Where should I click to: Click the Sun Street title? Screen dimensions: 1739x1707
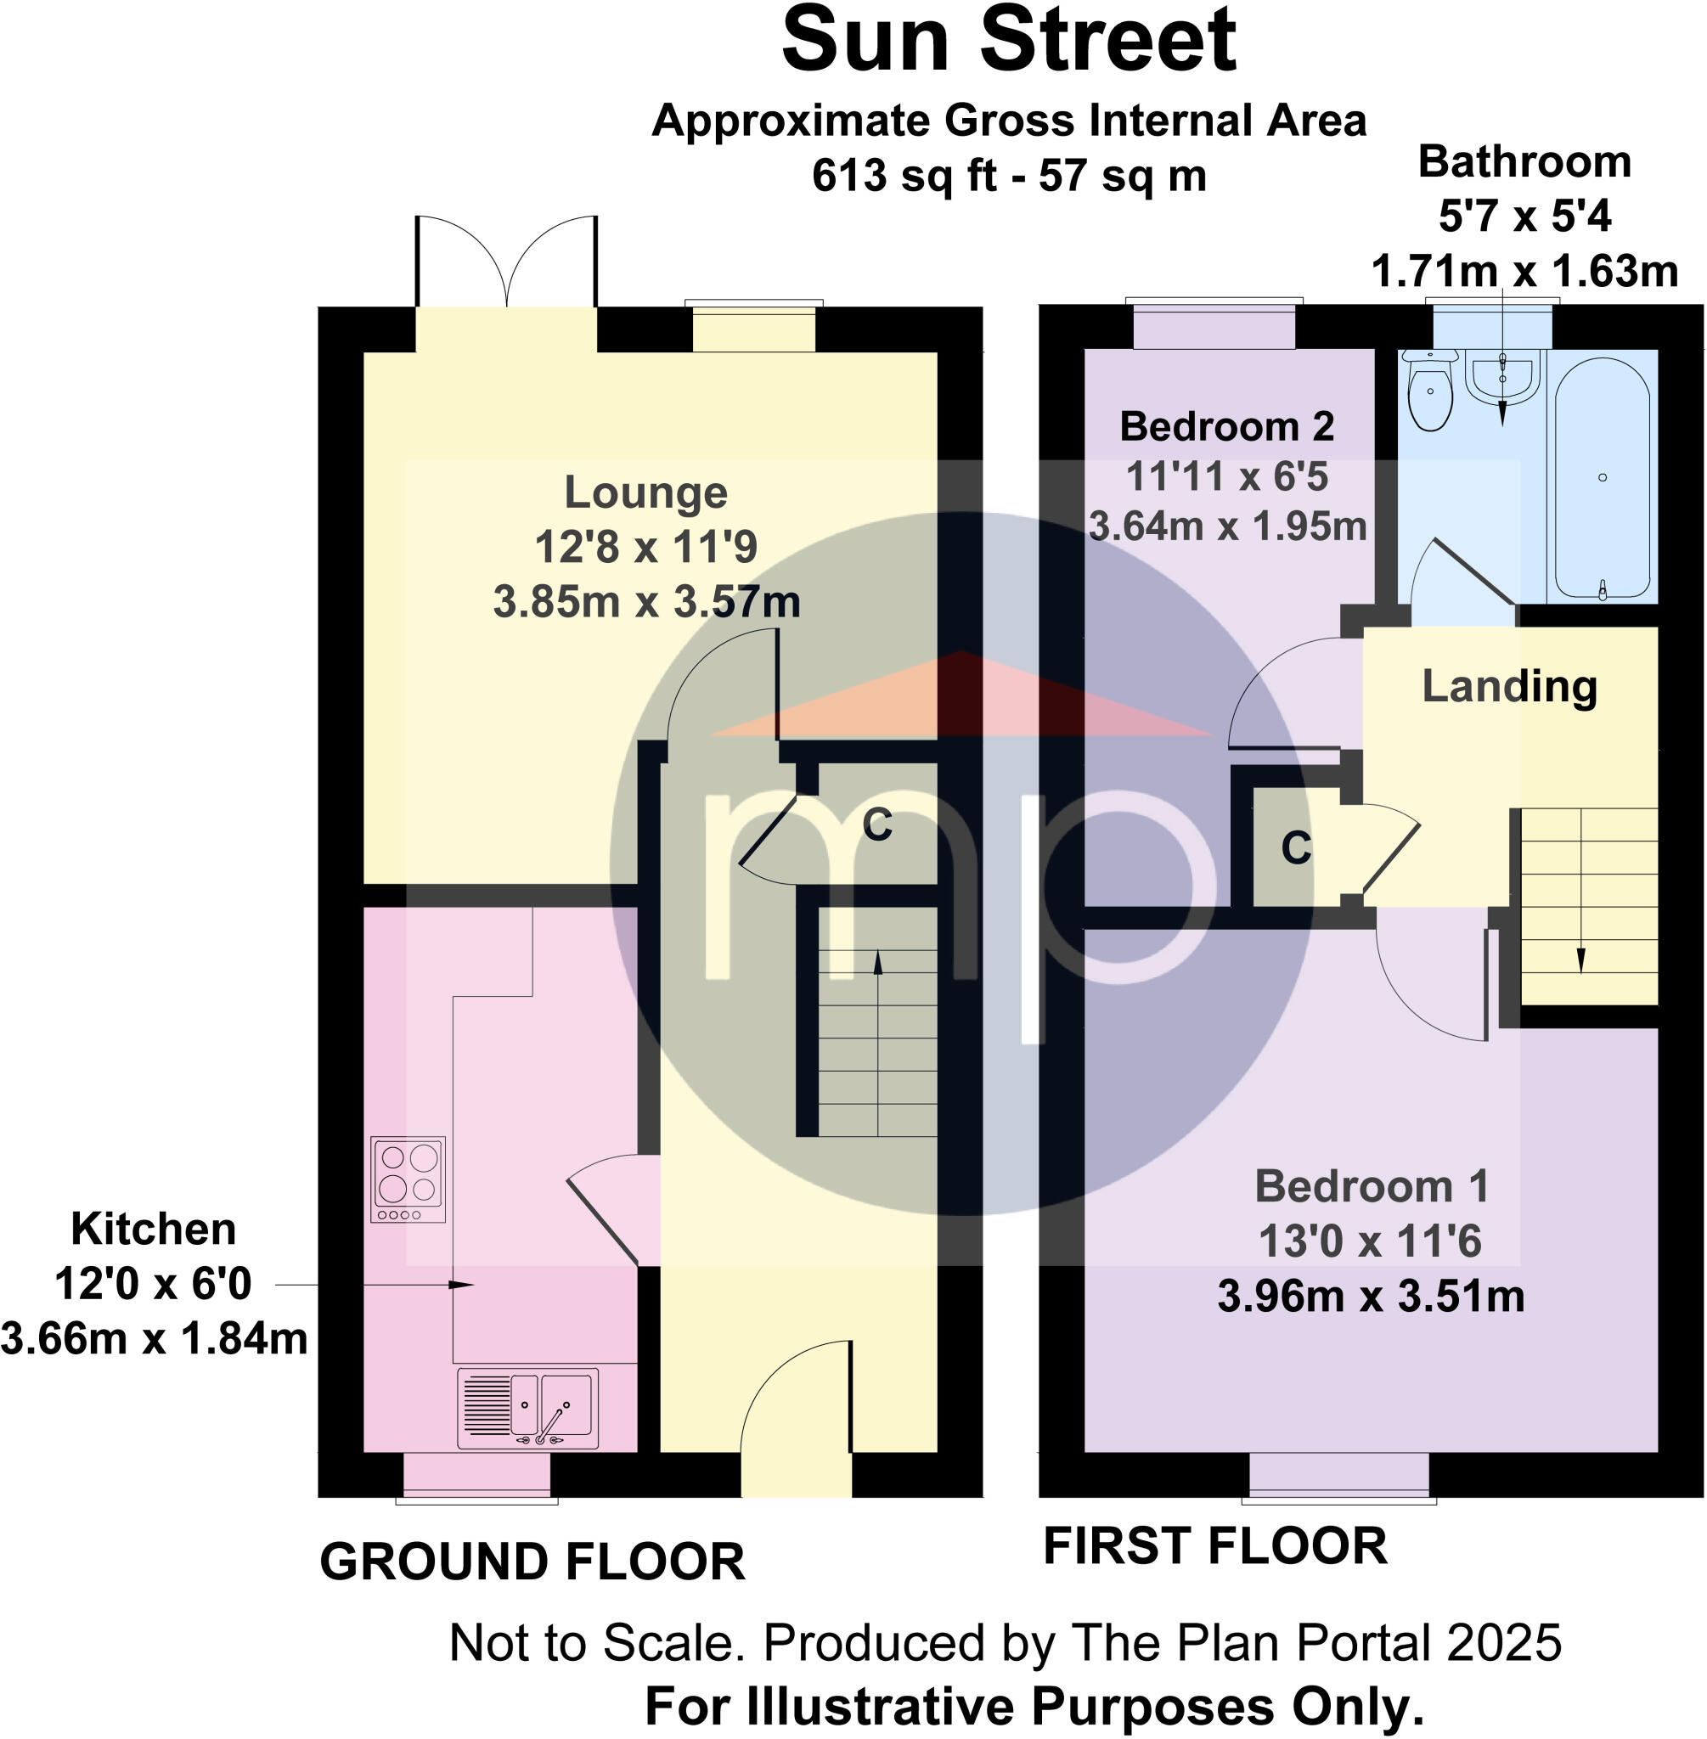[1009, 42]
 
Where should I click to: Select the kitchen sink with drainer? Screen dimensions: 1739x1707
[527, 1407]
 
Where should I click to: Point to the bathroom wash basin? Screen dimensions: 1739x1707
[1502, 374]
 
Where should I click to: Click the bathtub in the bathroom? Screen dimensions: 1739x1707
[1601, 477]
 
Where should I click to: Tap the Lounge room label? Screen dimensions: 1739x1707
[645, 492]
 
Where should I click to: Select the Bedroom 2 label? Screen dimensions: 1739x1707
[1226, 426]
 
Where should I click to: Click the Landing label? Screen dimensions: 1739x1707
[1509, 687]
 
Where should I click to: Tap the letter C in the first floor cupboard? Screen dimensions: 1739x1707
[1295, 847]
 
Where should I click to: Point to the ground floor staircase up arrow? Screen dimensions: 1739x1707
[876, 964]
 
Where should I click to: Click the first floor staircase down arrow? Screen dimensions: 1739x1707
[1580, 960]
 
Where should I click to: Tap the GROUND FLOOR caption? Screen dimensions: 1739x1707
[532, 1562]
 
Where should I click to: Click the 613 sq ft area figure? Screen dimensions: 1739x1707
[904, 176]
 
